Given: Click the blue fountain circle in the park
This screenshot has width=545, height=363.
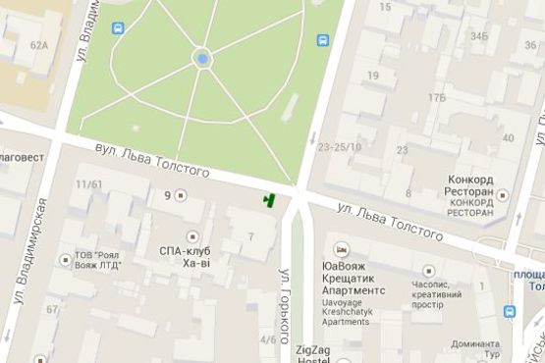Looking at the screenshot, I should click(x=202, y=59).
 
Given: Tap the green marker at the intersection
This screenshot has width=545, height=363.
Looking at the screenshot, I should click(x=267, y=200).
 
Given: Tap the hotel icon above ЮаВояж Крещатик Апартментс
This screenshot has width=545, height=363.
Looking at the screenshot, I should click(x=341, y=249).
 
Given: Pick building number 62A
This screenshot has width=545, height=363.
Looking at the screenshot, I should click(x=39, y=45).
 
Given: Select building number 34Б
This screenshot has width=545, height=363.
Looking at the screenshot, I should click(x=478, y=36).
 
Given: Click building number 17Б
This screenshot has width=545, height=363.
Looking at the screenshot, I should click(x=436, y=96).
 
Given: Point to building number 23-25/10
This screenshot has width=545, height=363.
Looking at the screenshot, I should click(x=340, y=147).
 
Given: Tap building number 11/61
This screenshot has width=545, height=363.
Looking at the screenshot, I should click(x=88, y=184).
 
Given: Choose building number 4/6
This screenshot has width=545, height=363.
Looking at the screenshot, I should click(x=268, y=339).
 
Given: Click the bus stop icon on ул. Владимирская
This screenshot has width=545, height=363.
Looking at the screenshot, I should click(x=119, y=28).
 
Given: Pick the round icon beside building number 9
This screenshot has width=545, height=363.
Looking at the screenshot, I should click(x=181, y=195).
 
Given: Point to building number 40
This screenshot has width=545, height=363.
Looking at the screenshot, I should click(x=508, y=138).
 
